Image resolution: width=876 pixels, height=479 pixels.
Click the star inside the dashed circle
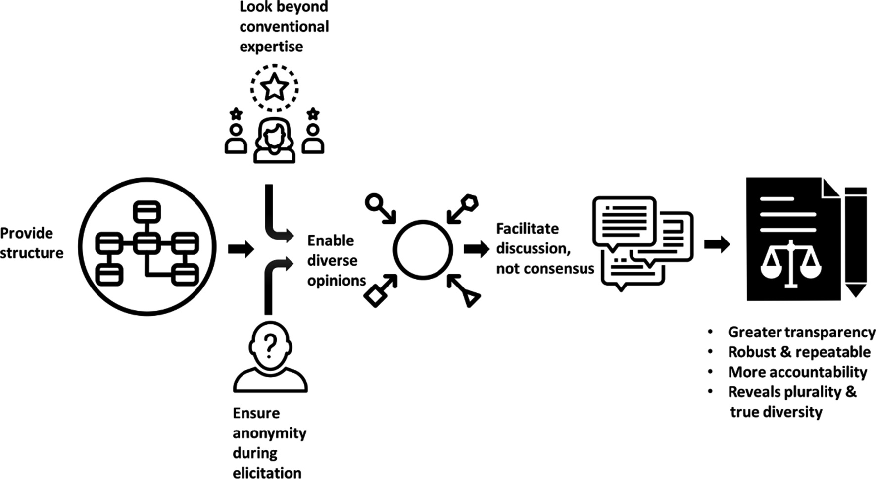point(274,88)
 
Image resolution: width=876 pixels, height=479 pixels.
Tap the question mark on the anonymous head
point(270,345)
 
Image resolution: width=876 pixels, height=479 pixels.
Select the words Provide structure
point(32,243)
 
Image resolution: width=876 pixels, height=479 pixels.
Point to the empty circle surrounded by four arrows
point(423,249)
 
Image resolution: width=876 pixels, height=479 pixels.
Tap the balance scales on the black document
point(790,263)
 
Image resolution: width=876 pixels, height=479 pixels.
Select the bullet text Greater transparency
point(801,332)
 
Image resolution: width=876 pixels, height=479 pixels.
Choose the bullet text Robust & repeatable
point(799,352)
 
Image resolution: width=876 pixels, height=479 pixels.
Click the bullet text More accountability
point(797,372)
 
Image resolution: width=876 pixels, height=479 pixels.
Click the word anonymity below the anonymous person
point(269,433)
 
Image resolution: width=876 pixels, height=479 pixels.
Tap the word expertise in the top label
point(271,47)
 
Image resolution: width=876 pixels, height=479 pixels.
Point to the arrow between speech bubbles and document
point(717,244)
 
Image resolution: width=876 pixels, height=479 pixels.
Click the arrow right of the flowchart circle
point(241,249)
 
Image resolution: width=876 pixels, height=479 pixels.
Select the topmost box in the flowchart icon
point(147,211)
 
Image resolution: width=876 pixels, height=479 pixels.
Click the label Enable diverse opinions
point(336,260)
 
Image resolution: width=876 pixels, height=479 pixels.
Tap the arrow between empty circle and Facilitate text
point(476,249)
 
